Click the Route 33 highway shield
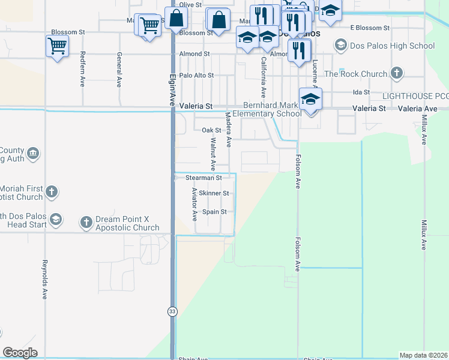coord(172,311)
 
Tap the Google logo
coord(20,353)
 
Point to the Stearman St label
coord(203,178)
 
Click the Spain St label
coord(214,212)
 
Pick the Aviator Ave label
coord(194,204)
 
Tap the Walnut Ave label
coord(212,154)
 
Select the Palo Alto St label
coord(196,76)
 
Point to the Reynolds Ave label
coord(44,280)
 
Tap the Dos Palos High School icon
coord(341,45)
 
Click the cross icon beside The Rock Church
coord(396,74)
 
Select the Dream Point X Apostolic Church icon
coord(86,222)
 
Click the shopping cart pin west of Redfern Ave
coord(56,45)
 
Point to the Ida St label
coord(361,92)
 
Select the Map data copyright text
coord(424,355)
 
